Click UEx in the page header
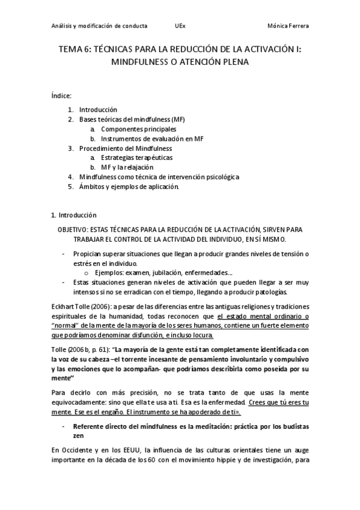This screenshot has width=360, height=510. [180, 26]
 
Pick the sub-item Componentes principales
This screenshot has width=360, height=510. [139, 129]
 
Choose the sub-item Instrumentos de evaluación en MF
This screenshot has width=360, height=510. [153, 139]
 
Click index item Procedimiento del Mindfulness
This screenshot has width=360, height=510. [126, 149]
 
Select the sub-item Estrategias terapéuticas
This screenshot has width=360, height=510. [136, 158]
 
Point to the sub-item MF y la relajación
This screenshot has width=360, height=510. [127, 167]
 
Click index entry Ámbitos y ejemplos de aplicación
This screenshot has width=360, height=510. [129, 186]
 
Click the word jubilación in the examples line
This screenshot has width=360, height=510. [162, 272]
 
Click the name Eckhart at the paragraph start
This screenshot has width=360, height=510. [62, 307]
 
